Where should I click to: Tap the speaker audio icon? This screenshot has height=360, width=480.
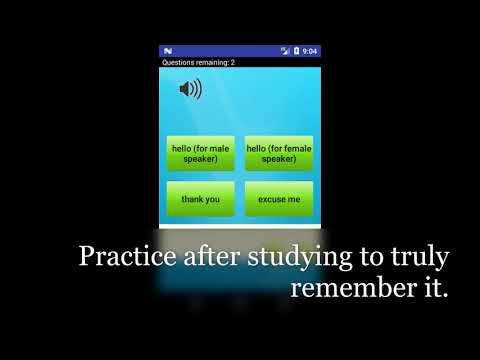click(x=189, y=90)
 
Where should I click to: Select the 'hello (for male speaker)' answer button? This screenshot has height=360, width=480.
click(x=200, y=153)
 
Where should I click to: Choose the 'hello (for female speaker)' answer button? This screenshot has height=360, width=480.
click(x=279, y=153)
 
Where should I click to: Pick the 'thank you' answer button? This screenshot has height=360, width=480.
click(x=200, y=199)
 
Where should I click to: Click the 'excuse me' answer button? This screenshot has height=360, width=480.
click(x=279, y=199)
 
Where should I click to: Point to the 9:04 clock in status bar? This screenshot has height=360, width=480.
click(x=310, y=51)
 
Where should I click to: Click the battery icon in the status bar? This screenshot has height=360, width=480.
click(x=297, y=51)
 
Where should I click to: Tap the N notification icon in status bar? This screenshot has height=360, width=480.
click(x=168, y=51)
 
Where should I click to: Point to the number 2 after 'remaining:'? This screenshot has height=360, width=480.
click(x=233, y=62)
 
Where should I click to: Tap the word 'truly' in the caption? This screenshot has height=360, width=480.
click(x=421, y=258)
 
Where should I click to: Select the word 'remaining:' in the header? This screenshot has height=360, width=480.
click(x=214, y=62)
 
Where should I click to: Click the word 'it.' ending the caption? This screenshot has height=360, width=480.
click(x=432, y=288)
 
